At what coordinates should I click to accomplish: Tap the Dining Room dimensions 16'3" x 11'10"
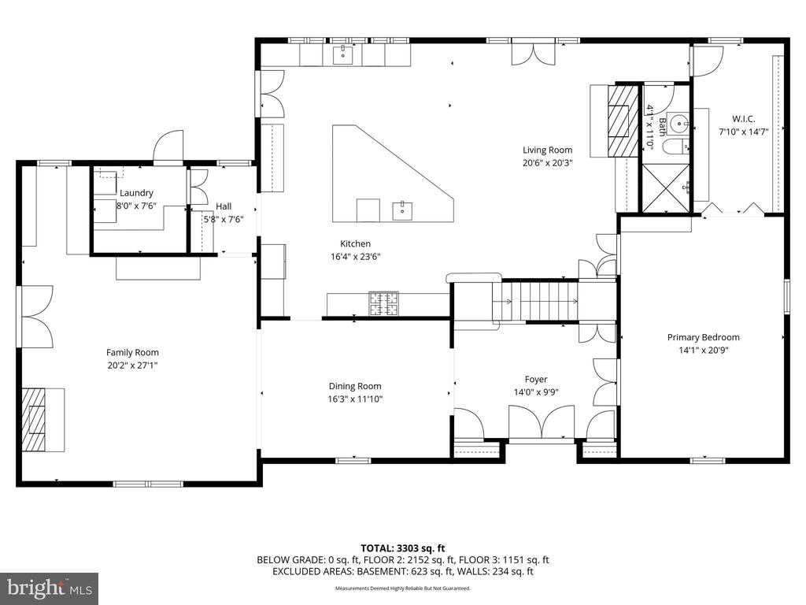click(x=354, y=399)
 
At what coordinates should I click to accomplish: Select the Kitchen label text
click(x=355, y=243)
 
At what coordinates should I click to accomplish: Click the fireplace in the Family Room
click(x=35, y=418)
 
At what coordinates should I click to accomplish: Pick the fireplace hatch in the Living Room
click(x=622, y=121)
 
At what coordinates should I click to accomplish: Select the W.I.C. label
click(x=742, y=119)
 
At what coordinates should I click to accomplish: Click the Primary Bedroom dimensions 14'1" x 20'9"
click(x=703, y=351)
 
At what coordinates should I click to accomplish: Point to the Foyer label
click(x=536, y=379)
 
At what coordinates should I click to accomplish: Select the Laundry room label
click(x=136, y=193)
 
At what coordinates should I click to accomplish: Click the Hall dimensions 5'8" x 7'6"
click(x=224, y=220)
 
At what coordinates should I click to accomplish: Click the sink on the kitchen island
click(x=402, y=210)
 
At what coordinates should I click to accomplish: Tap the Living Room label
click(x=548, y=150)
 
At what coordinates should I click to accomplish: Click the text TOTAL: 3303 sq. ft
click(x=402, y=547)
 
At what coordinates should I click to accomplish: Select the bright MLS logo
click(x=49, y=587)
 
